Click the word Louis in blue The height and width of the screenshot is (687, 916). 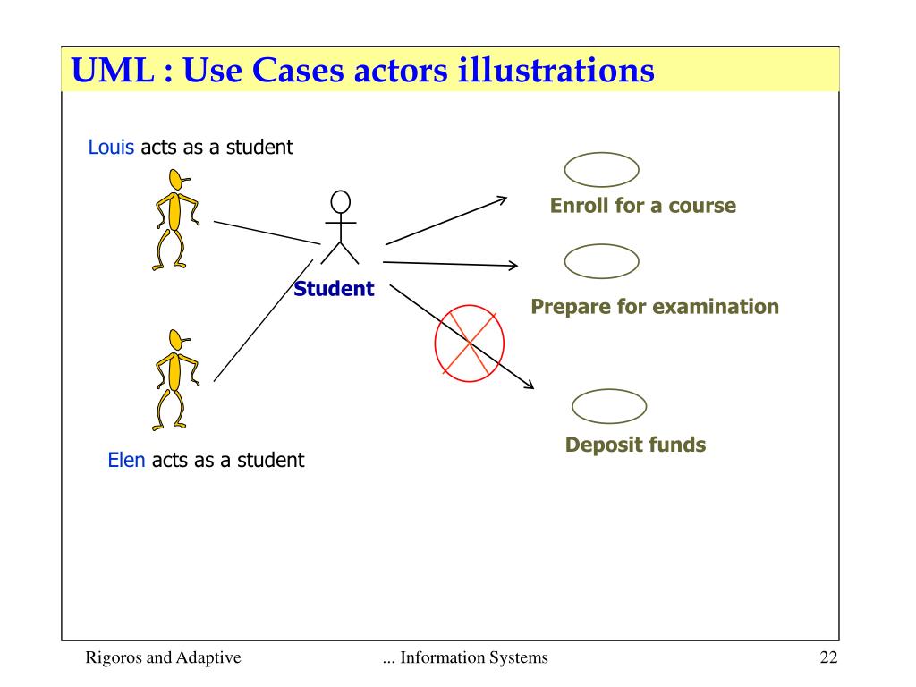coord(112,147)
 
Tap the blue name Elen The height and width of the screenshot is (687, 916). coord(126,461)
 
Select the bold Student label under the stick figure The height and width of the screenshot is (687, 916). coord(334,289)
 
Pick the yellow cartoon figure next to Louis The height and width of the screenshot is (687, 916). coord(174,219)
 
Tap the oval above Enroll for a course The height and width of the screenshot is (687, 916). coord(601,169)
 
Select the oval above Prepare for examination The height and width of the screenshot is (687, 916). coord(601,261)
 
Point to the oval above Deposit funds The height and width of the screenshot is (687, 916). coord(608,407)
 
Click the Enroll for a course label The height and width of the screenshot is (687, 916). coord(642,206)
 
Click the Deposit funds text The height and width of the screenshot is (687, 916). coord(635,445)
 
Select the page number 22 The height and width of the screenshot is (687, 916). coord(827,659)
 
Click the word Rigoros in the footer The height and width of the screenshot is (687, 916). coord(112,659)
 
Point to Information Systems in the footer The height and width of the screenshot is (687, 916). coord(474,659)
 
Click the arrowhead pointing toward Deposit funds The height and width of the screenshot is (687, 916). coord(530,386)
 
